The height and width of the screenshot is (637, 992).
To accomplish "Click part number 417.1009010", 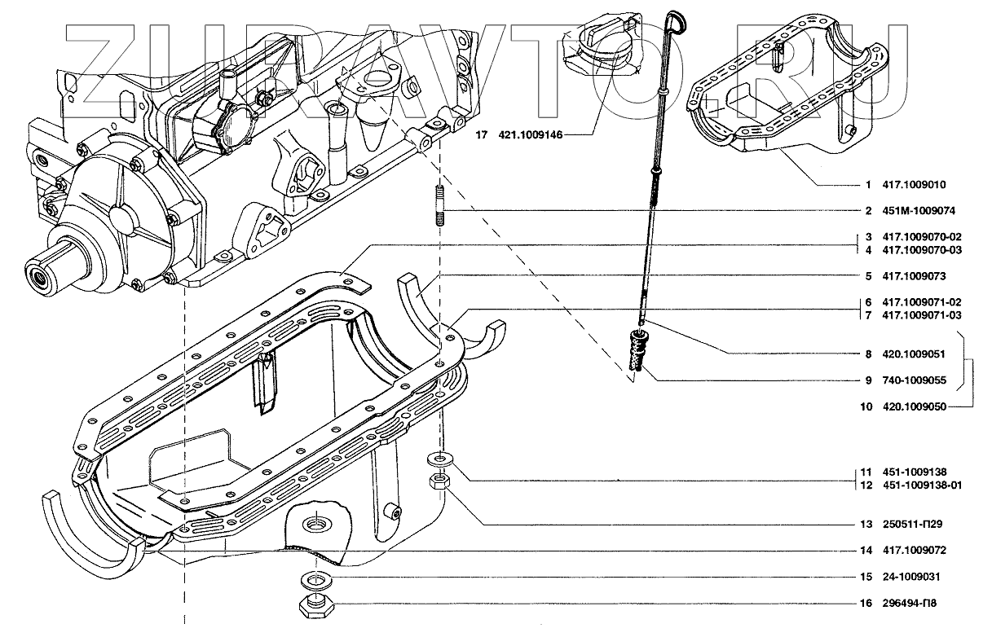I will click(x=915, y=185).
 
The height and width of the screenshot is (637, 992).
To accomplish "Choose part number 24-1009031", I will click(x=911, y=578).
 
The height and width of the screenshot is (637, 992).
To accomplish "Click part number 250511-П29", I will click(x=914, y=524).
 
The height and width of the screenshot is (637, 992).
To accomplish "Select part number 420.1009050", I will click(x=915, y=406).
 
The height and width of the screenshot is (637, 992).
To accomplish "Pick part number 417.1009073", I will click(x=915, y=276).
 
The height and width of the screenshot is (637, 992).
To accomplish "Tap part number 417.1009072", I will click(x=915, y=551).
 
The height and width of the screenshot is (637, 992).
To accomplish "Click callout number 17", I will click(x=482, y=135).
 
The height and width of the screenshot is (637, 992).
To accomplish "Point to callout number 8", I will click(x=869, y=354).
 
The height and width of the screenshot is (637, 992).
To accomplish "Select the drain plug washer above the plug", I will click(x=314, y=579).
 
